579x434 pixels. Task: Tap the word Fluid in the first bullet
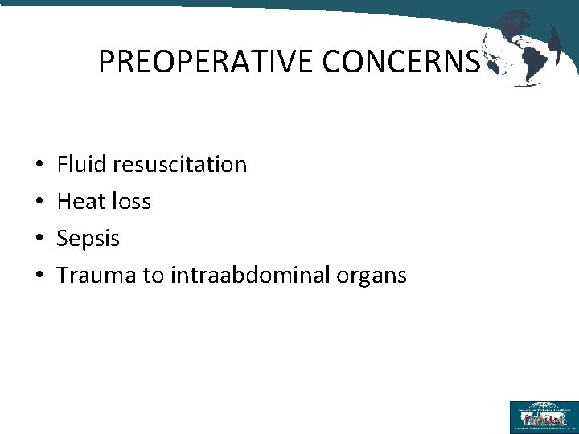[x=83, y=165]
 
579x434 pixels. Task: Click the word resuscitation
[x=180, y=165]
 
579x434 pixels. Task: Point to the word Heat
[x=81, y=202]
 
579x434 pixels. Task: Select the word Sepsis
[x=88, y=239]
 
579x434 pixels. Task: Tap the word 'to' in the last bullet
[x=154, y=276]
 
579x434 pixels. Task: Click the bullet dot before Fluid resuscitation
[x=39, y=166]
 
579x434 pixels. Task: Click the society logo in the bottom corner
[x=543, y=416]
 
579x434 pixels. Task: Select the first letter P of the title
[x=105, y=61]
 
